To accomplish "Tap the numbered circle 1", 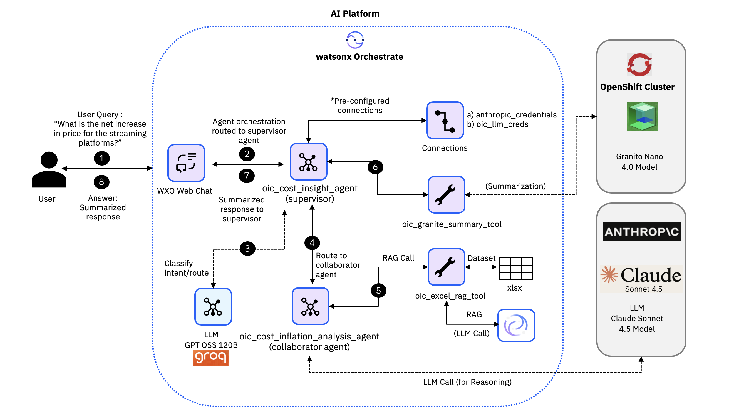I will [102, 158].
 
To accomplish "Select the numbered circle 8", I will [101, 182].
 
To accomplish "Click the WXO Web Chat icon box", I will [186, 163].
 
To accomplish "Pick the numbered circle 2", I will [247, 154].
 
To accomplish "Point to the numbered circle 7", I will [247, 176].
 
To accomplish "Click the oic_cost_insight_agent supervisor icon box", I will [308, 162].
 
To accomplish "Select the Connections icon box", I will [445, 121].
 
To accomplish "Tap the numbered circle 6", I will [375, 167].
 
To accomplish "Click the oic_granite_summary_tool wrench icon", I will [446, 195].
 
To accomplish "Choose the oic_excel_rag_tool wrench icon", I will [446, 267].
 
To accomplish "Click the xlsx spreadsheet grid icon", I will [516, 269].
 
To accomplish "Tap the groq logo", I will [210, 357].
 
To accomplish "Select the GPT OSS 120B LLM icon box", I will [213, 307].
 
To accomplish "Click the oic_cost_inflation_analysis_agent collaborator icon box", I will [310, 306].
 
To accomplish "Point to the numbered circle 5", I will [378, 291].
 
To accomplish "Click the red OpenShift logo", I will [639, 65].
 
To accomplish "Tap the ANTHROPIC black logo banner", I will [642, 231].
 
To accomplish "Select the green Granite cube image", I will [642, 116].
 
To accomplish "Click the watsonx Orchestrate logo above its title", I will [355, 40].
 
